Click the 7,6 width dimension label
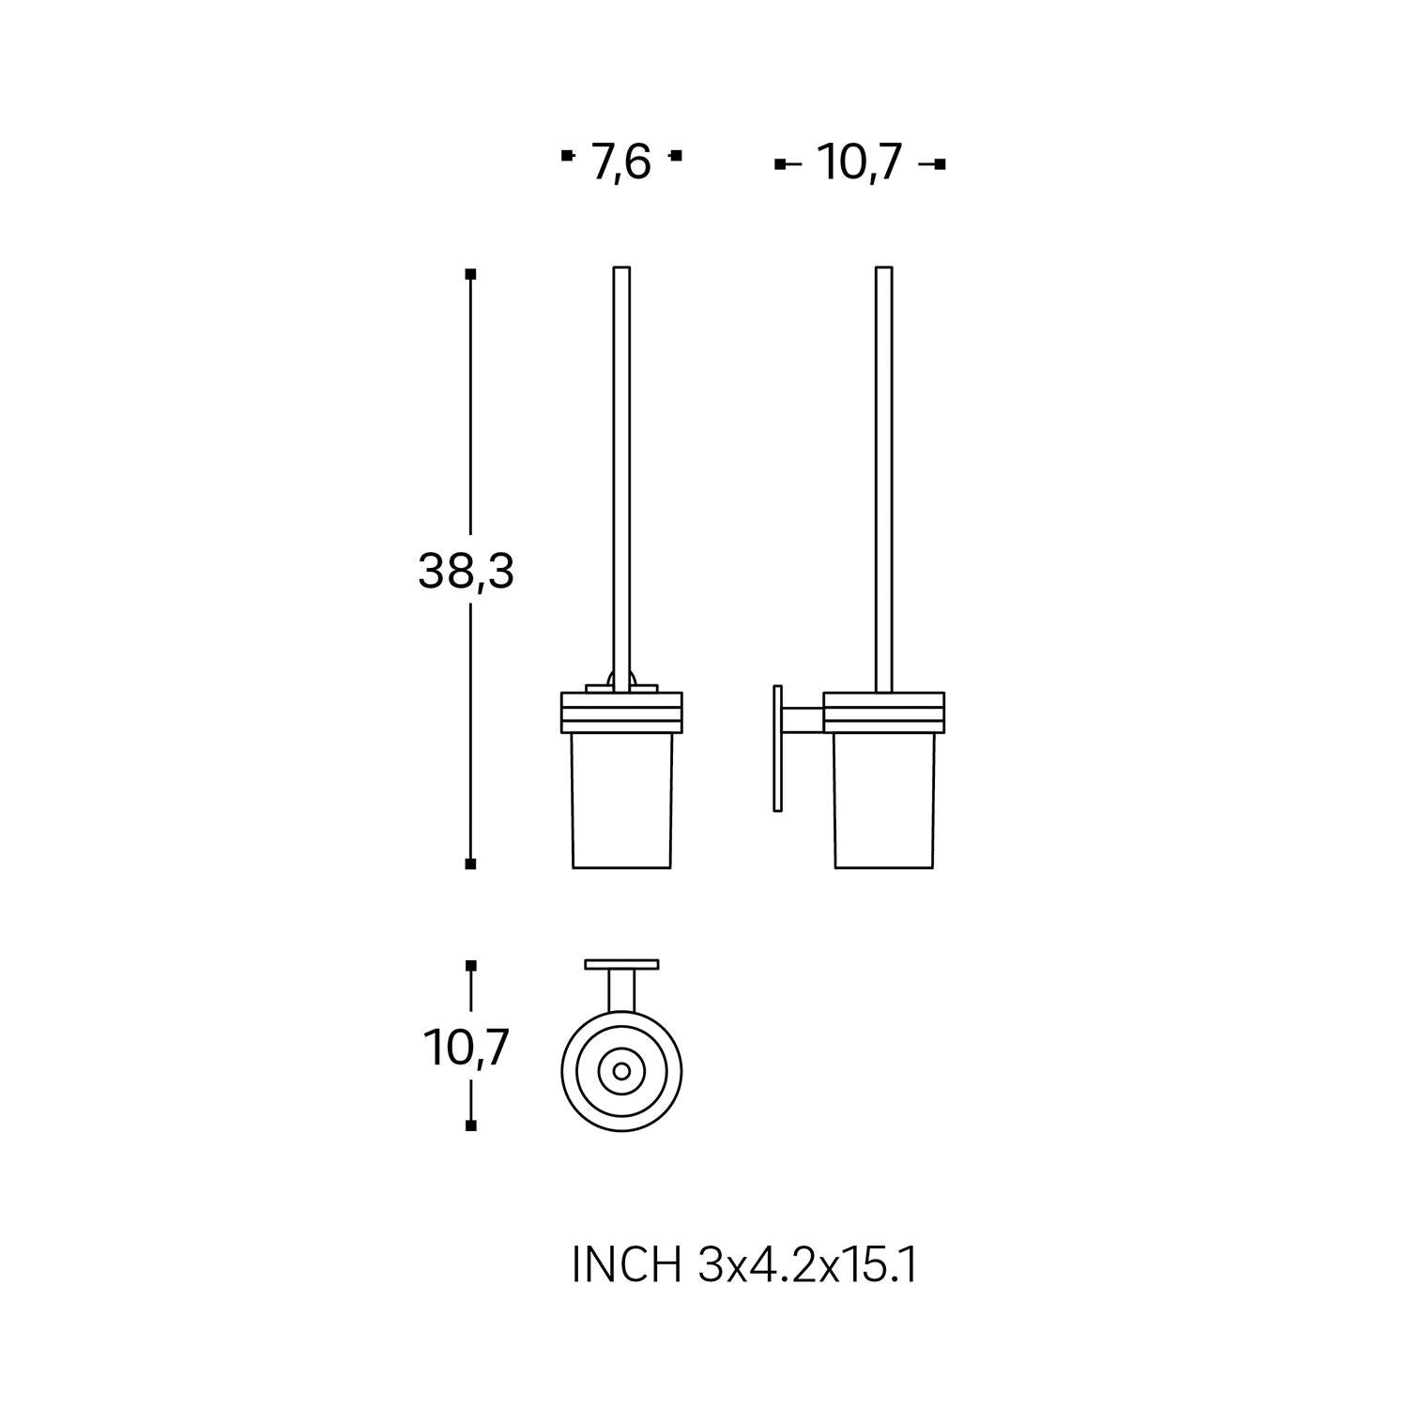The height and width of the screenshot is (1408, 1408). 620,163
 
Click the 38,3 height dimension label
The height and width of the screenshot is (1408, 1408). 466,571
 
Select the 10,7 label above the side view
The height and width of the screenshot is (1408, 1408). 860,162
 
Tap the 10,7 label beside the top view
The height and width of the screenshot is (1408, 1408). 467,1048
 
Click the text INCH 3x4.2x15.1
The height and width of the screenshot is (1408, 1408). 744,1266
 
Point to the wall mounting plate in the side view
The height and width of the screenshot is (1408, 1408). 777,748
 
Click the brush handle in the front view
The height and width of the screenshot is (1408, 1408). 620,480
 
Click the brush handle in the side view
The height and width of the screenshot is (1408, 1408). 883,480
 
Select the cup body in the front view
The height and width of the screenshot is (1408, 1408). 621,800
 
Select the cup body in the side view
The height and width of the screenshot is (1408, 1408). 884,800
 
